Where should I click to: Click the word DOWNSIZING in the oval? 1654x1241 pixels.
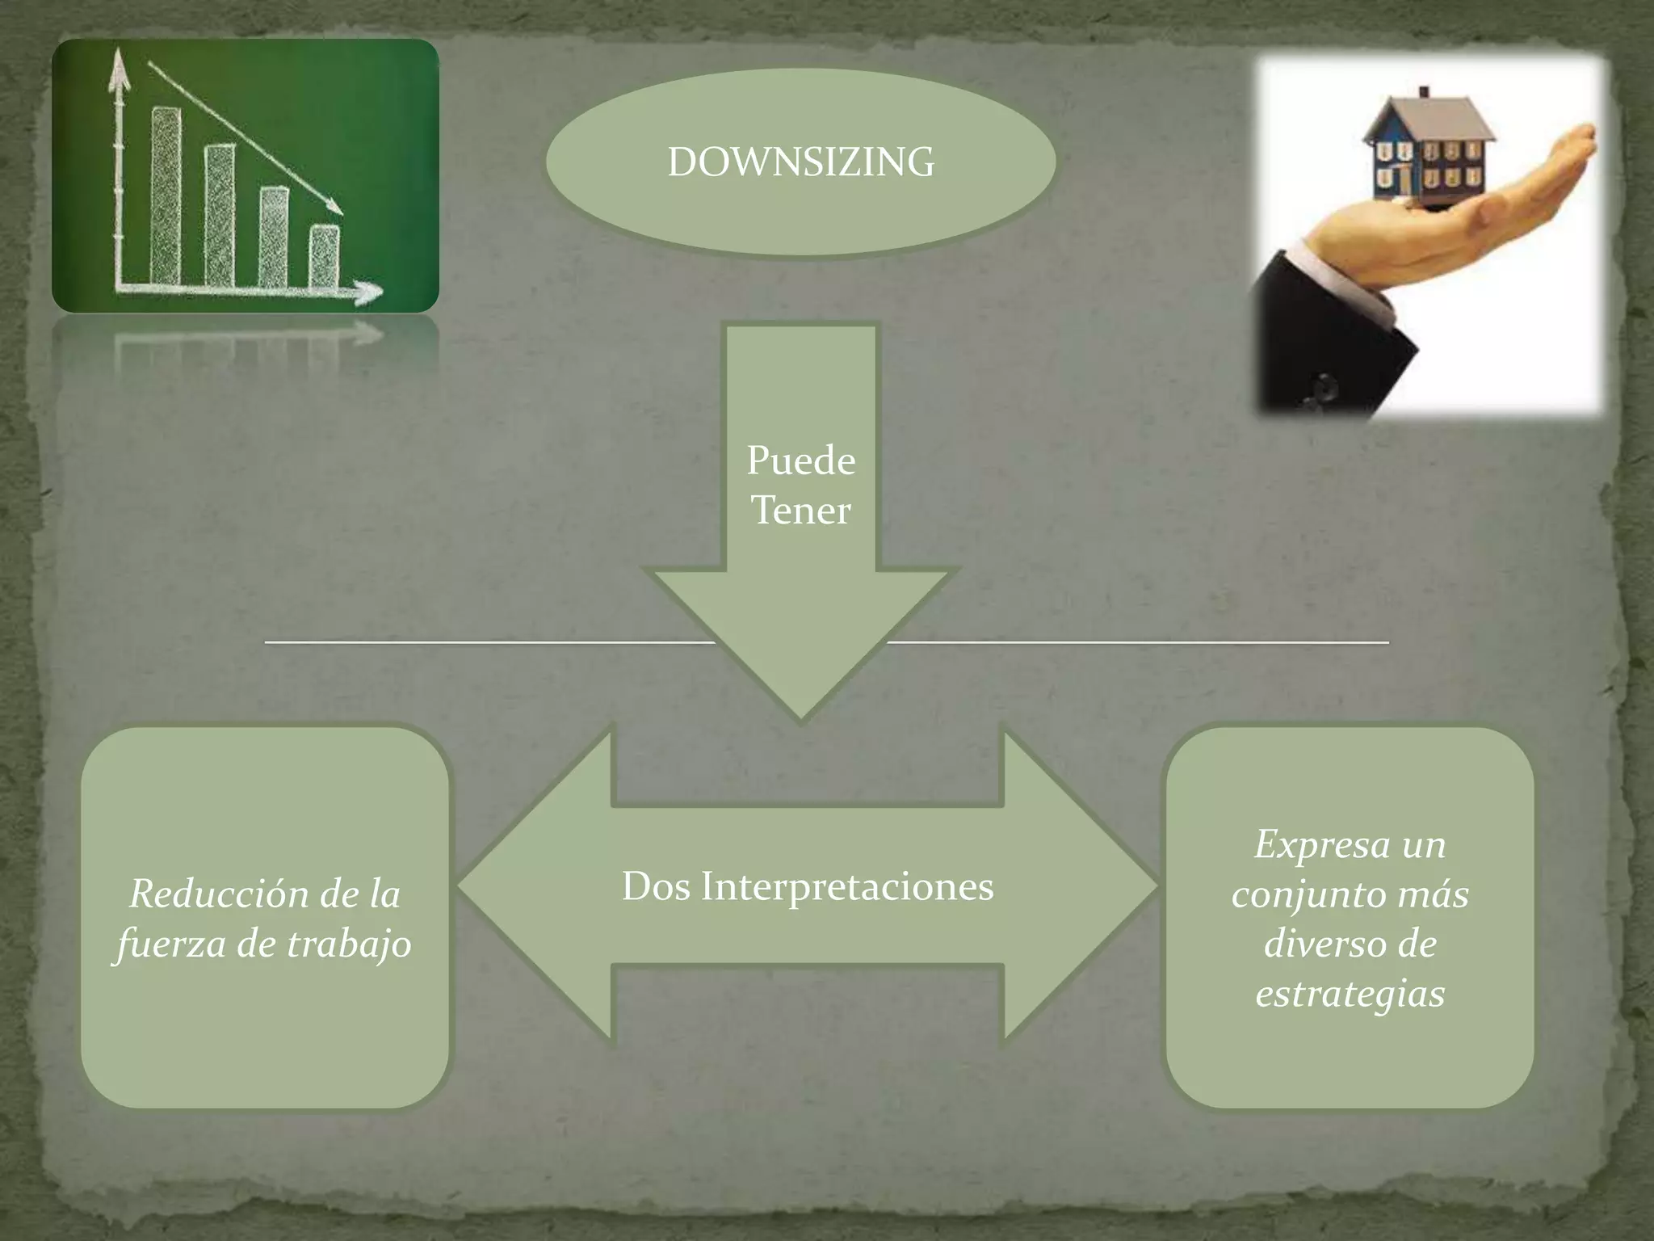click(800, 162)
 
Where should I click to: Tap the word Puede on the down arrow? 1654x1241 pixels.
click(800, 461)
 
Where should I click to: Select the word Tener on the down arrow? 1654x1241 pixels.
click(800, 511)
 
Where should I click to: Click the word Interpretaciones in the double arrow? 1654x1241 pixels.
click(847, 887)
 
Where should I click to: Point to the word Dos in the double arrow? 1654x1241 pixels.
click(656, 886)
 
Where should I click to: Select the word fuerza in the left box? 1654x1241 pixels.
click(171, 944)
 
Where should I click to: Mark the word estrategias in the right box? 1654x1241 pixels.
click(1350, 994)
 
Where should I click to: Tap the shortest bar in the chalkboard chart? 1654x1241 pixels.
click(325, 256)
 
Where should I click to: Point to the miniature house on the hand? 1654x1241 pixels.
click(1425, 153)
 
